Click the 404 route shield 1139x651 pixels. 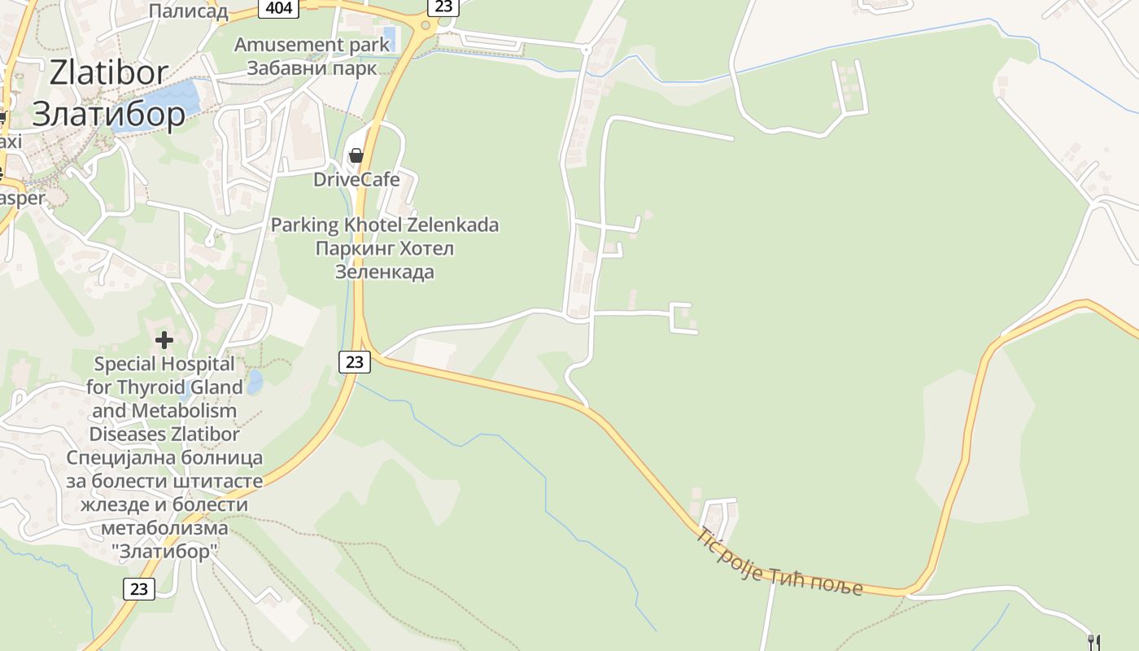[278, 8]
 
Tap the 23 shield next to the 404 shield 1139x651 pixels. [443, 7]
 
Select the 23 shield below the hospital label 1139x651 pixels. [139, 588]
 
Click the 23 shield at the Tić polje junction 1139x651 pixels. [355, 361]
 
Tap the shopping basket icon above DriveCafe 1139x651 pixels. [356, 155]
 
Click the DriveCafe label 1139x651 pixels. [356, 179]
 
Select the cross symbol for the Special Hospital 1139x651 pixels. [164, 339]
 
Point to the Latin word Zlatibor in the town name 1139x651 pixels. [109, 73]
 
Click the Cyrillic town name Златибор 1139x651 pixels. [109, 114]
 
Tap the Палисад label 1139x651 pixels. [188, 11]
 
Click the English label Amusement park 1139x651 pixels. [312, 45]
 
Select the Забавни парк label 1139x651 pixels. [312, 68]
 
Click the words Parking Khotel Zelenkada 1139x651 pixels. [384, 225]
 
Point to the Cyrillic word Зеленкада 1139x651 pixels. [384, 271]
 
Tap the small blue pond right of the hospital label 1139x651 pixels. [255, 381]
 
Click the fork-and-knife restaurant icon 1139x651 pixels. [1094, 643]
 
